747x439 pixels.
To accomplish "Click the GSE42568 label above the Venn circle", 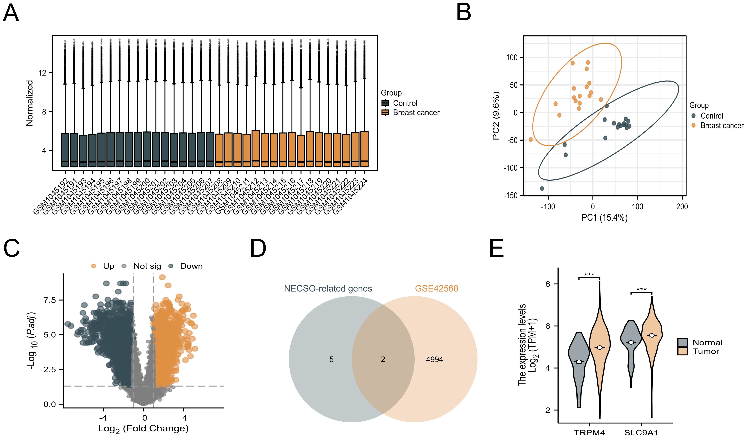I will pyautogui.click(x=436, y=288).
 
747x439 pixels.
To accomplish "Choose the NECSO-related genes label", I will pyautogui.click(x=328, y=288).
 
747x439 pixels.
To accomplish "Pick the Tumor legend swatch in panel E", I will pyautogui.click(x=682, y=351).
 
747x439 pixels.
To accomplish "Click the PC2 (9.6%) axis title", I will pyautogui.click(x=496, y=116).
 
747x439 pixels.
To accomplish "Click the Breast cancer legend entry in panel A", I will pyautogui.click(x=416, y=113).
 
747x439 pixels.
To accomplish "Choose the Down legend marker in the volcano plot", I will pyautogui.click(x=171, y=266).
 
